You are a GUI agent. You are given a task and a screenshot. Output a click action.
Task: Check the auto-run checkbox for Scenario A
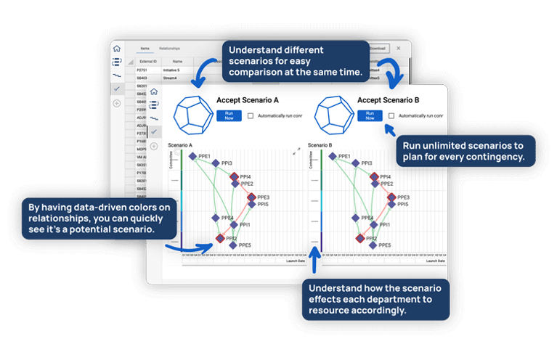[x=250, y=115]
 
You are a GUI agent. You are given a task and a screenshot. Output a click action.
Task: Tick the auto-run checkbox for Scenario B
[x=391, y=115]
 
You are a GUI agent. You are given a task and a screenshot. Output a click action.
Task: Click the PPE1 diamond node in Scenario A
[x=192, y=156]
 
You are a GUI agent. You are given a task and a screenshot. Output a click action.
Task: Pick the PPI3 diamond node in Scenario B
[x=355, y=163]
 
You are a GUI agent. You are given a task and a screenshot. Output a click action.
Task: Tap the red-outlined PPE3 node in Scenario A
[x=251, y=197]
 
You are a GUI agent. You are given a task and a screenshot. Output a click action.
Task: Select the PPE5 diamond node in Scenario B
[x=373, y=245]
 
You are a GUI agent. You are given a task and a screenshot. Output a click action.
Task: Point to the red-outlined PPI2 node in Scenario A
[x=219, y=238]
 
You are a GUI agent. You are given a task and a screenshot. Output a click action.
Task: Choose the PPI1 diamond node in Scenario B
[x=373, y=225]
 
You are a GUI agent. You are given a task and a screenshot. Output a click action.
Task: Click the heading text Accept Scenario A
[x=247, y=100]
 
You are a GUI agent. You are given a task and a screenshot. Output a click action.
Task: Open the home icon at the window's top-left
[x=116, y=48]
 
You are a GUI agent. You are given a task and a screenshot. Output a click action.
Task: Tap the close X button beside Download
[x=398, y=49]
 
